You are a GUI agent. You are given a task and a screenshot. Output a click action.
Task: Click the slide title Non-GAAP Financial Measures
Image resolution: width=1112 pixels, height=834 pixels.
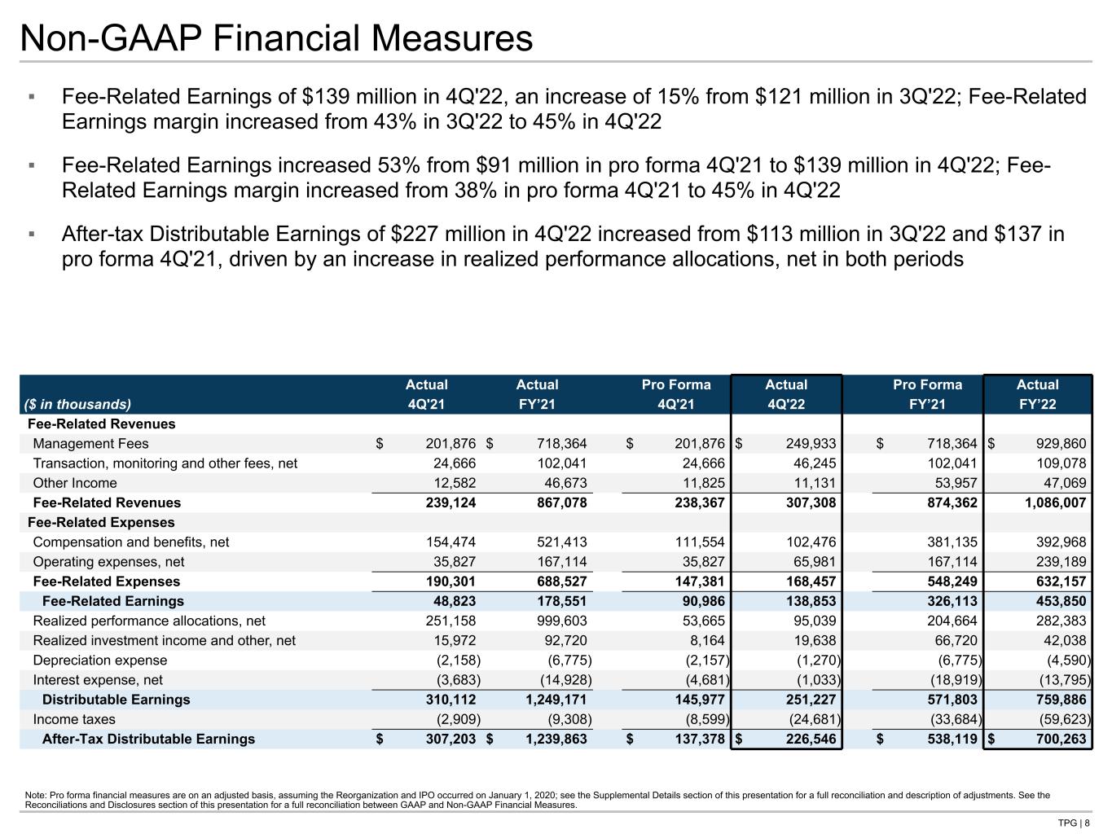(x=276, y=38)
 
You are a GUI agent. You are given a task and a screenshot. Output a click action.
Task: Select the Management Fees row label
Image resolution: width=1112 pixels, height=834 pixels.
(x=90, y=444)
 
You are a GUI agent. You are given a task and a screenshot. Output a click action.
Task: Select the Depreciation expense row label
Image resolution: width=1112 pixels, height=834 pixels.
(x=99, y=661)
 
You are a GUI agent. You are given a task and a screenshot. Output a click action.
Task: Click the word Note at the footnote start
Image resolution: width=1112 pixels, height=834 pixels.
(x=37, y=795)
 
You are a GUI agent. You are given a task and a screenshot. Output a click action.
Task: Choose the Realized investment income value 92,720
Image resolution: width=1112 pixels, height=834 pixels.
(x=564, y=641)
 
